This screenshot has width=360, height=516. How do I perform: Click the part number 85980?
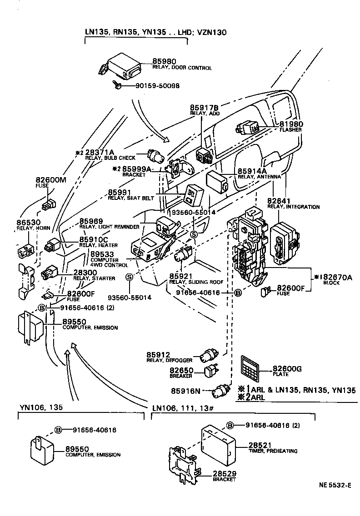click(x=164, y=61)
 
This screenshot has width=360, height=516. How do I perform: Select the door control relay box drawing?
click(x=120, y=67)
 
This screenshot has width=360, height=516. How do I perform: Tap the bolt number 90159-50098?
click(x=157, y=86)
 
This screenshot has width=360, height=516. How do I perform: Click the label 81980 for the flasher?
click(x=291, y=124)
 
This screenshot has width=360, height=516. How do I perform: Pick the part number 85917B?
click(x=204, y=108)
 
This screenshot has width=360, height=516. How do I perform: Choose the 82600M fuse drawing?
click(x=49, y=204)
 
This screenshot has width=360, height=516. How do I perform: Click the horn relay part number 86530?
click(x=28, y=223)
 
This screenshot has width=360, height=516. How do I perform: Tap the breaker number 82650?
click(x=181, y=371)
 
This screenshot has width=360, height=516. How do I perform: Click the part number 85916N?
click(x=185, y=391)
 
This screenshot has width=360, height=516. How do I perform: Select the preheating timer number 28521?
click(x=260, y=446)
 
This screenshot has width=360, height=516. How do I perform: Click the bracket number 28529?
click(x=225, y=474)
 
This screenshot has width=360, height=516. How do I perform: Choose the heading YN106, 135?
click(x=41, y=407)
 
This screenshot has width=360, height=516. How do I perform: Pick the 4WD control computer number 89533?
click(x=102, y=254)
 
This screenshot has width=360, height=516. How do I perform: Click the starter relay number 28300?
click(x=85, y=273)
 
